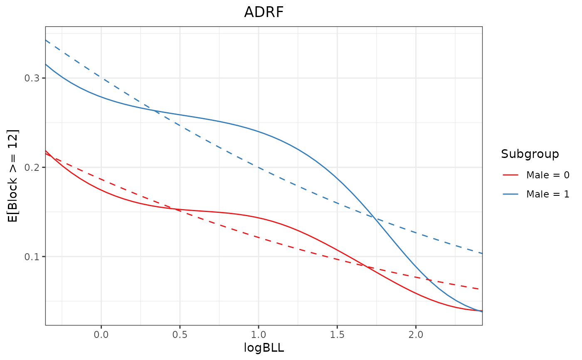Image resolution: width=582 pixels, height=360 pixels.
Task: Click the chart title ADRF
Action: click(264, 12)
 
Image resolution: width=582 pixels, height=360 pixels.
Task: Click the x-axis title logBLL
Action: click(264, 348)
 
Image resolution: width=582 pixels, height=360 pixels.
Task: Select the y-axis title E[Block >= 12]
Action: click(13, 175)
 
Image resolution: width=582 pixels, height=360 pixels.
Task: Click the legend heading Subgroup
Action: click(530, 154)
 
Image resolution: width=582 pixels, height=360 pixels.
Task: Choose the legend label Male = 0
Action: click(547, 175)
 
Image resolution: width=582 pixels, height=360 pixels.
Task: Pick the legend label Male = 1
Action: click(547, 194)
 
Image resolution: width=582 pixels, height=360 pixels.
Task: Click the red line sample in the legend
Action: click(510, 175)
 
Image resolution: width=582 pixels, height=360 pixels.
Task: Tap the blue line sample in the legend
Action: click(510, 194)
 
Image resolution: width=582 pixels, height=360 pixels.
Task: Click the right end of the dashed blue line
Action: click(481, 253)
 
